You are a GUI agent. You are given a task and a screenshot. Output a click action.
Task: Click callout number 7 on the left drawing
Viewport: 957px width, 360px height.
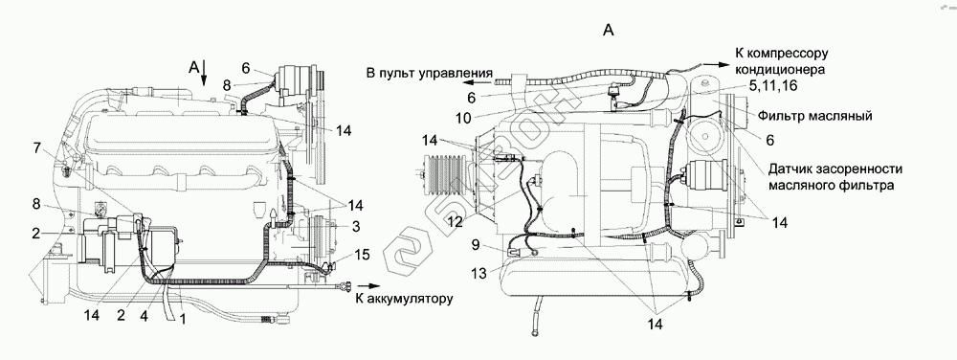click(x=36, y=147)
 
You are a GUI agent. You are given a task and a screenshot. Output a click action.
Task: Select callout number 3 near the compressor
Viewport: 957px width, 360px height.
click(x=355, y=226)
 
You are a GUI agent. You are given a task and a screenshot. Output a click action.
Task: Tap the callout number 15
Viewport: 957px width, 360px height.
click(x=362, y=255)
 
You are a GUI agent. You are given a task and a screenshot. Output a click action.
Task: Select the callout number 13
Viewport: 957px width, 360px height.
click(x=479, y=274)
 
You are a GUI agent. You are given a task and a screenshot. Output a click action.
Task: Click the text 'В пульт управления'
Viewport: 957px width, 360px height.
click(x=430, y=74)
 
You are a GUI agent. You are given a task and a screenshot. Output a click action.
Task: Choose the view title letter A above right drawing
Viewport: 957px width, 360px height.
click(x=608, y=30)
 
